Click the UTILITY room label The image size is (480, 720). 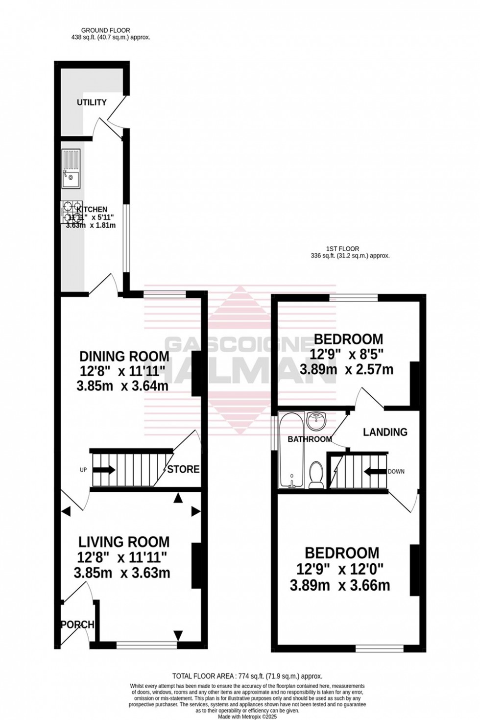point(92,102)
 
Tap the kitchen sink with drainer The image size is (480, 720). point(71,168)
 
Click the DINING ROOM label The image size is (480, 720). point(124,356)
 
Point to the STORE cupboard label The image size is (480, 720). point(183,469)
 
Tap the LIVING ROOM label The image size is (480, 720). point(124,542)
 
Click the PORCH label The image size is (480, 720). point(77,624)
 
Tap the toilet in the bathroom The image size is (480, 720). point(316,475)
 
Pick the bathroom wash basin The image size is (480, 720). point(316,420)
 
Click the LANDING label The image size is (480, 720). point(385,432)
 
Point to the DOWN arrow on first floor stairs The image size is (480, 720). point(375,472)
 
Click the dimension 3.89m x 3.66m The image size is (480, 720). point(340,585)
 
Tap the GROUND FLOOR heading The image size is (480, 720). point(106,30)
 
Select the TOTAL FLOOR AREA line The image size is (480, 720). point(247,676)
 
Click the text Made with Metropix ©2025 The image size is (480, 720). point(247,716)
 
